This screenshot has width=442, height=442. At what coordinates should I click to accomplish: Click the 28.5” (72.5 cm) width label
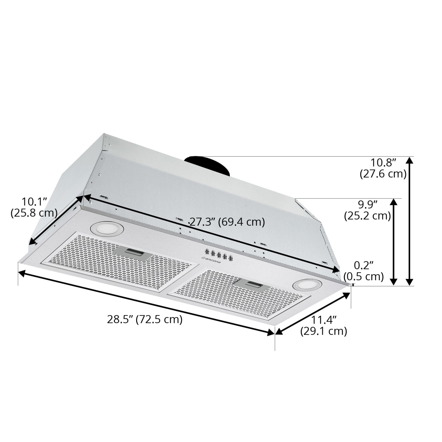pyautogui.click(x=145, y=319)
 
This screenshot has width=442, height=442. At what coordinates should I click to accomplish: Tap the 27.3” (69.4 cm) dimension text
pyautogui.click(x=227, y=222)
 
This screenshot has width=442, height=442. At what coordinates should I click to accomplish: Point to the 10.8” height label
pyautogui.click(x=383, y=162)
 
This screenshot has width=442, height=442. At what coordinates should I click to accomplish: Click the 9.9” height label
pyautogui.click(x=367, y=204)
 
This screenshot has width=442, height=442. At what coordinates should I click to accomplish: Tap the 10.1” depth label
pyautogui.click(x=34, y=202)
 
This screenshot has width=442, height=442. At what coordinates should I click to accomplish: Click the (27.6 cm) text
pyautogui.click(x=383, y=174)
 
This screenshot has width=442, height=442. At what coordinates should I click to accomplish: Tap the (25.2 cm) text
pyautogui.click(x=367, y=216)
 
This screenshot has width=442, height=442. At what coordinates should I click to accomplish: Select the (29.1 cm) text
pyautogui.click(x=324, y=331)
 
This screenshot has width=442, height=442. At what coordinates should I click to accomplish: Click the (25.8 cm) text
pyautogui.click(x=34, y=213)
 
